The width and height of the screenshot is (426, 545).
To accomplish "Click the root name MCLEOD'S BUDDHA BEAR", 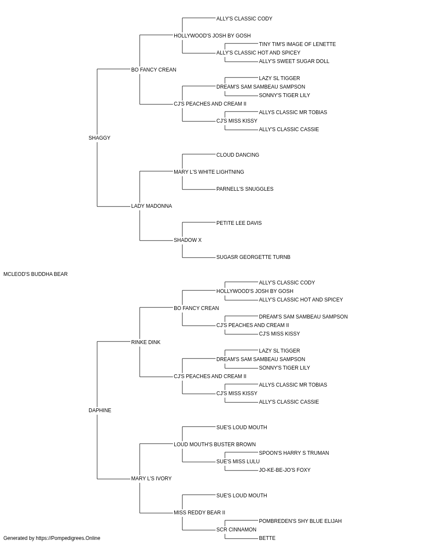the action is (x=35, y=274).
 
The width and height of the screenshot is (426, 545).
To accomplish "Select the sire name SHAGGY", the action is (x=99, y=138).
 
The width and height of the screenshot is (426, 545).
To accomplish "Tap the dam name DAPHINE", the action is (x=100, y=410).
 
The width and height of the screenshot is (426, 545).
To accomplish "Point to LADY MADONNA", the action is (x=152, y=206).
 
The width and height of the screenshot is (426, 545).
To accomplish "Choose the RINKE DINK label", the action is (x=146, y=342).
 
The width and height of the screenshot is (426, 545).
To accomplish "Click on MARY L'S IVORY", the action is (x=151, y=479).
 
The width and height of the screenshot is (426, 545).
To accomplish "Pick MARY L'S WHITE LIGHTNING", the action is (x=209, y=172).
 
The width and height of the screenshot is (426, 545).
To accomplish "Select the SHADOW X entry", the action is (x=188, y=240).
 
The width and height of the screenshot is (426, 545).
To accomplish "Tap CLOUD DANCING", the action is (x=238, y=155).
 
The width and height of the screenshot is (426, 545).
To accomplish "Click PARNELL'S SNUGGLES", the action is (x=245, y=189).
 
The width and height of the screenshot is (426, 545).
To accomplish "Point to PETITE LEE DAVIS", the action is (x=239, y=223).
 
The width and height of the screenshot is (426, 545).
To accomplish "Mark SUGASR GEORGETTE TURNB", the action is (x=253, y=257).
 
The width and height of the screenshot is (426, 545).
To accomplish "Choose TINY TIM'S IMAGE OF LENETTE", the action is (x=297, y=44).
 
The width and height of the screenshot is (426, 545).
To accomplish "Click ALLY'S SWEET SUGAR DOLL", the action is (x=294, y=61).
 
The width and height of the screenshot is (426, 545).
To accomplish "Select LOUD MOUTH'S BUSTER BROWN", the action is (x=215, y=445).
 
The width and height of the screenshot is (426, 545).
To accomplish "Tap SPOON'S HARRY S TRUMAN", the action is (x=294, y=453).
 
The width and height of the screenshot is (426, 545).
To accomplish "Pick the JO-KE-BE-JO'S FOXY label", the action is (x=285, y=470).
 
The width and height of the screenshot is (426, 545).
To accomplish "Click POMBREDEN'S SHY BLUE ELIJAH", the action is (x=300, y=521).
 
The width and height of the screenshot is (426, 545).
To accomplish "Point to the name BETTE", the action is (x=267, y=538).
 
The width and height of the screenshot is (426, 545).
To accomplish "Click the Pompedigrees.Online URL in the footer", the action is (x=68, y=538).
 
